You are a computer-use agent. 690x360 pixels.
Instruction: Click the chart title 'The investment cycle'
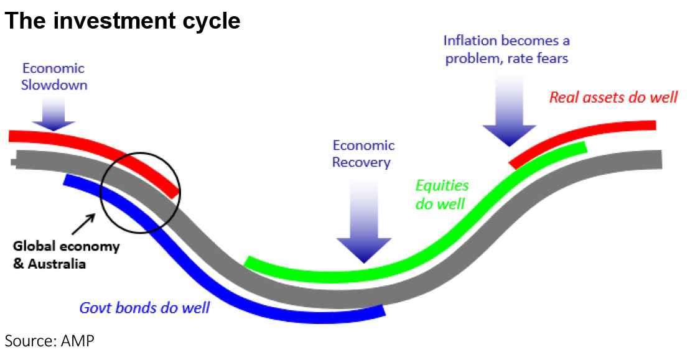pyautogui.click(x=123, y=21)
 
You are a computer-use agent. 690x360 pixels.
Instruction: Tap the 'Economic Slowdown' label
pyautogui.click(x=54, y=76)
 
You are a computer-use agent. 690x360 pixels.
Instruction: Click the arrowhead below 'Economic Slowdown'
pyautogui.click(x=54, y=126)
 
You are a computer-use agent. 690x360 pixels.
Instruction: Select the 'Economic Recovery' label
pyautogui.click(x=363, y=154)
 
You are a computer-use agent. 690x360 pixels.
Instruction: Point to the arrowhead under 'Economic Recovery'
pyautogui.click(x=364, y=251)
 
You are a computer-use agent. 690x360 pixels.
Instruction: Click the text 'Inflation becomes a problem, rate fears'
pyautogui.click(x=506, y=49)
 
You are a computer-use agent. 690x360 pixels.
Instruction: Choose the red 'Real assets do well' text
pyautogui.click(x=613, y=97)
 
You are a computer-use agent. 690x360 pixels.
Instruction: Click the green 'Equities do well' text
pyautogui.click(x=442, y=195)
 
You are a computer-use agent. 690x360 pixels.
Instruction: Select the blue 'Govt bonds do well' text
pyautogui.click(x=144, y=308)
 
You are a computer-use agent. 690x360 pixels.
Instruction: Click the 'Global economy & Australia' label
pyautogui.click(x=66, y=255)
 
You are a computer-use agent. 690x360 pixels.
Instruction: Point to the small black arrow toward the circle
pyautogui.click(x=83, y=224)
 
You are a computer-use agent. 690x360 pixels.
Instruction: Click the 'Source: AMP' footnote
pyautogui.click(x=49, y=341)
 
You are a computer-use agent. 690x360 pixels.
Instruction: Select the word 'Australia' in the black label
pyautogui.click(x=57, y=264)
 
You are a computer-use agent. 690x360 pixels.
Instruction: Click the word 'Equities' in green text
pyautogui.click(x=442, y=186)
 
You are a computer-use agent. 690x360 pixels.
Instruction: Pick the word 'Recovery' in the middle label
pyautogui.click(x=361, y=162)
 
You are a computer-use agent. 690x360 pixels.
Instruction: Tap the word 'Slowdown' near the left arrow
pyautogui.click(x=54, y=85)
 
